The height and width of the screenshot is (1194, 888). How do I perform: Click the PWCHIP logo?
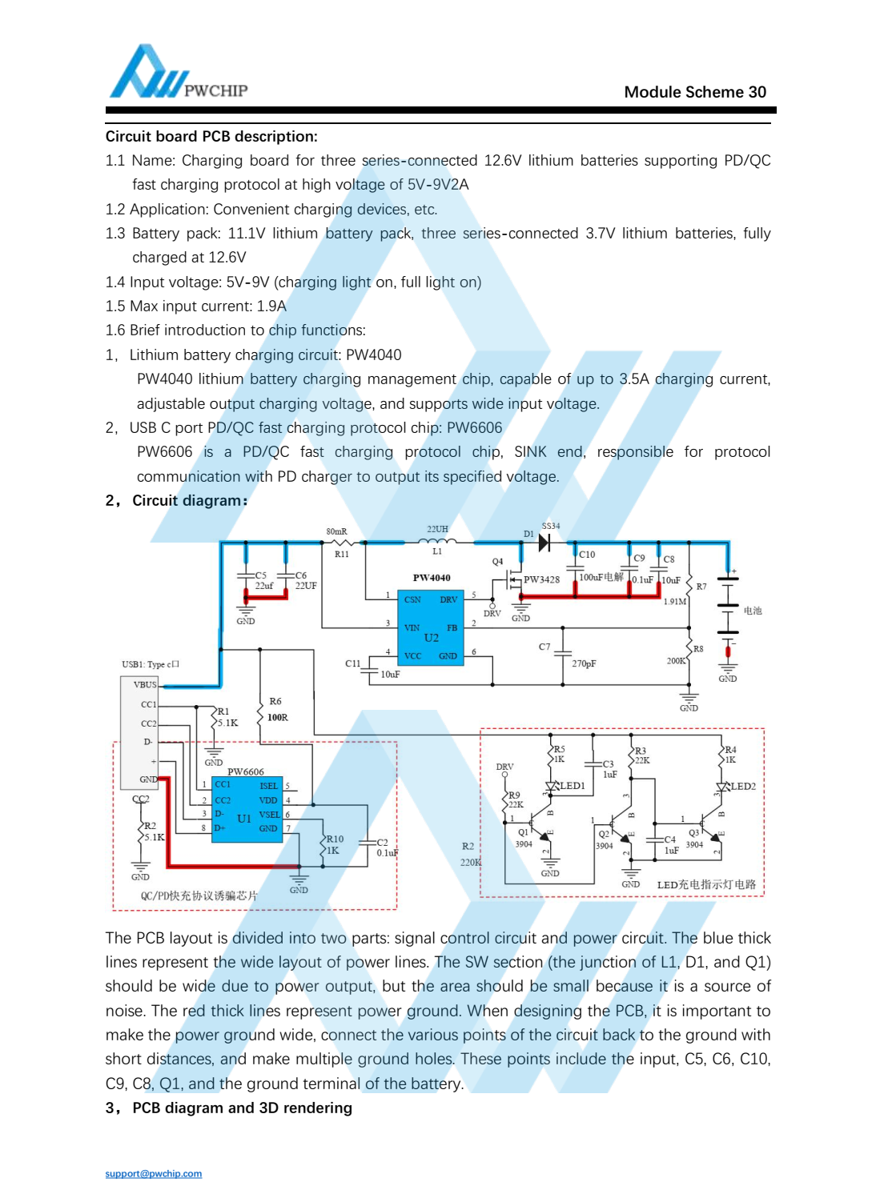coord(178,74)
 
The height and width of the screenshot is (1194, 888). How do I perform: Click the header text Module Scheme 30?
coord(694,92)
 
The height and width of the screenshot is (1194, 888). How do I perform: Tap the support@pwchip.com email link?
coord(153,1174)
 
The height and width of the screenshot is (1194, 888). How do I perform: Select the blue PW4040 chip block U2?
coord(431,628)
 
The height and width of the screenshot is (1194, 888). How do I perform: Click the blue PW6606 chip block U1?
coord(247,809)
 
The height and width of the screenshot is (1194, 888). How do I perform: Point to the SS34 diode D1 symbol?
coord(544,543)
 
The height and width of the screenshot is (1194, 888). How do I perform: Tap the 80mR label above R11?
coord(336,531)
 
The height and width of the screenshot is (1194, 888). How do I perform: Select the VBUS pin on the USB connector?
coord(145,684)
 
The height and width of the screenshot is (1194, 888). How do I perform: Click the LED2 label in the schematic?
coord(743,787)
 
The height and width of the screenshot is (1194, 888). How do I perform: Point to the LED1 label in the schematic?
coord(572,786)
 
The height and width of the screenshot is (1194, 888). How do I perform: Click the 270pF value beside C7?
coord(584,663)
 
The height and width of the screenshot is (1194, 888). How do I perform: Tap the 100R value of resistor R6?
coord(277,718)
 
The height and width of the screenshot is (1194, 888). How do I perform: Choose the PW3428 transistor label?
coord(541,579)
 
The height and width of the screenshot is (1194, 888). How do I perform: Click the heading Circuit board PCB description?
coord(211,137)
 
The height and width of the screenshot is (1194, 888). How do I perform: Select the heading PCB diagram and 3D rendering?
coord(241,1108)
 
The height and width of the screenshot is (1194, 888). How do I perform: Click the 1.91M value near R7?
coord(674,601)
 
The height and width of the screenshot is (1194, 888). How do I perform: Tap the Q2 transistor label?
coord(604,834)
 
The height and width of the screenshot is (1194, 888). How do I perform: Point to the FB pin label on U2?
coord(452,628)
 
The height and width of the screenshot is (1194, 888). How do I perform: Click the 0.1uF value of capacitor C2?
coord(387,853)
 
